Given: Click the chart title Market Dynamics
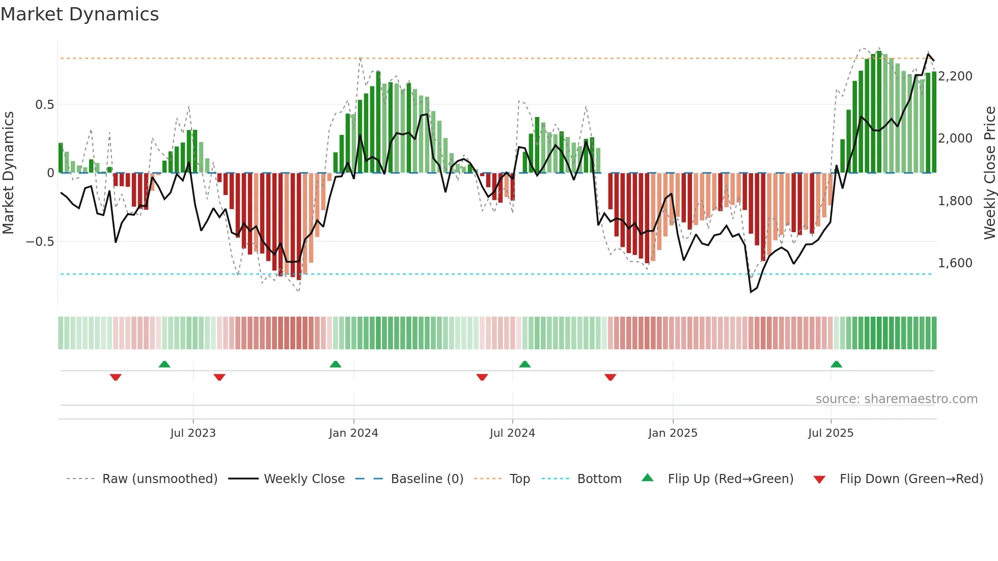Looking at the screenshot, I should [79, 14].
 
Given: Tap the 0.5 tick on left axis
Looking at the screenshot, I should [44, 105].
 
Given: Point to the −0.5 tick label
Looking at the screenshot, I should [40, 242].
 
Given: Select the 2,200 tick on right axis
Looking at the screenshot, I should [955, 76].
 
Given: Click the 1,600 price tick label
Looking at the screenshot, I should [955, 263].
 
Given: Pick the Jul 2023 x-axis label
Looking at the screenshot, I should [193, 433].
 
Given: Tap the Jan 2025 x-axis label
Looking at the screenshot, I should [673, 433].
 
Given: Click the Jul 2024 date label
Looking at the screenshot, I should [512, 433].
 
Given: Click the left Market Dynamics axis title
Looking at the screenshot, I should [8, 173].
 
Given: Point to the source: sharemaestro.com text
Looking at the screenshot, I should [896, 399].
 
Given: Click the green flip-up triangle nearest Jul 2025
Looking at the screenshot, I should [836, 364].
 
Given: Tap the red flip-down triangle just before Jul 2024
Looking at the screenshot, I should [482, 377].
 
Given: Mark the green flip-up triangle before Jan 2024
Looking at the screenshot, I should [335, 364].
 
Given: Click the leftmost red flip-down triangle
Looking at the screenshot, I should [116, 377].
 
